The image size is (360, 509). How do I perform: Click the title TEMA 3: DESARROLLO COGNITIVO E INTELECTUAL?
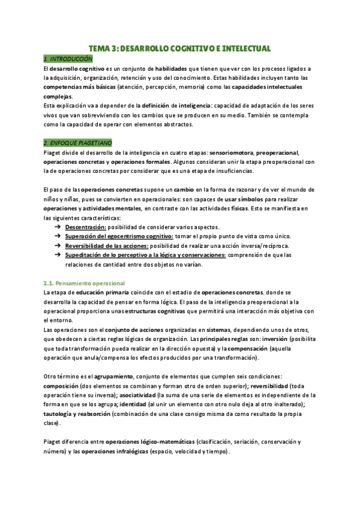coord(180,48)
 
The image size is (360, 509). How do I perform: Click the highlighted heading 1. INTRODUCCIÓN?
coord(68,59)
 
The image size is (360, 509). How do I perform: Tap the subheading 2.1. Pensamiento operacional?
coord(84,283)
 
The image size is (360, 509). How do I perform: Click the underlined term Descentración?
coord(86,227)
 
